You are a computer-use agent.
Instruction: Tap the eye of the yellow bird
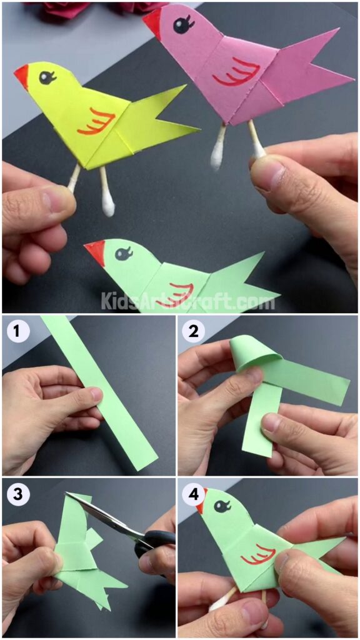pos(46,77)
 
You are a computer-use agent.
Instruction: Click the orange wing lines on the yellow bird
pos(97,121)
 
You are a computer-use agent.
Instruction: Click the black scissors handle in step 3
pos(156,541)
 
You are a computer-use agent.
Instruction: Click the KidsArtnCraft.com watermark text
pos(187,302)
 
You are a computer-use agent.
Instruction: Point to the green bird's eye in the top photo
pos(123,253)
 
